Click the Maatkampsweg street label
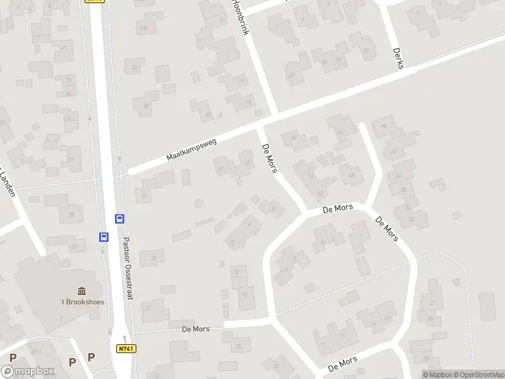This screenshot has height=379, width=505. pos(191,150)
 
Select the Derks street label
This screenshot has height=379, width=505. pos(397,58)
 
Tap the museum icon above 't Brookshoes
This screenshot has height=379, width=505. pos(82,291)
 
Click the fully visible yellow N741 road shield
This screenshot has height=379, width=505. pos(126,348)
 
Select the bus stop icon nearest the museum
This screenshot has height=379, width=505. pos(103,237)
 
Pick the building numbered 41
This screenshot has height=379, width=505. pos(64,47)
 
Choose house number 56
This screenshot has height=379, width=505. pos(310,176)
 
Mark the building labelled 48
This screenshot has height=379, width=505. pos(352,175)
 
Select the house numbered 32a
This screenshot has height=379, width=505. pos(144,28)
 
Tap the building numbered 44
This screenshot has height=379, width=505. pos(341,131)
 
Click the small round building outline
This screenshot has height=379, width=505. pos(199,203)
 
